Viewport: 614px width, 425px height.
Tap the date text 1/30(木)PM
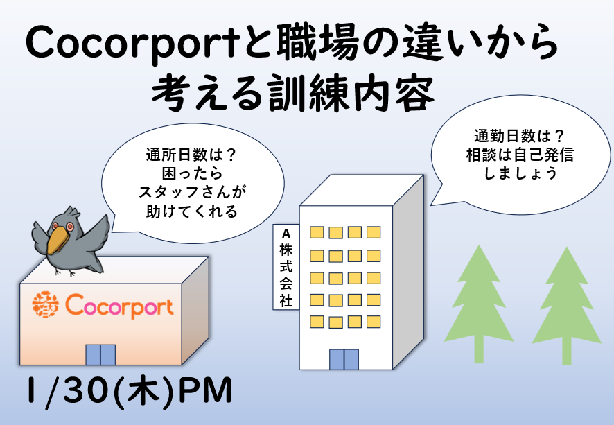(x=130, y=390)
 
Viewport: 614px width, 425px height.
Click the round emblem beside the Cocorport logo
(x=46, y=304)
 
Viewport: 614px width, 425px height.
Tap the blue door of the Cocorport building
(x=100, y=355)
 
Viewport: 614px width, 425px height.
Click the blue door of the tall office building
(x=344, y=360)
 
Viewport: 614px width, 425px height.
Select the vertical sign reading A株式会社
(x=286, y=267)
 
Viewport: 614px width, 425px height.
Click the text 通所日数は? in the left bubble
(x=191, y=155)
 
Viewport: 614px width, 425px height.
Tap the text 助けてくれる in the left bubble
(x=192, y=211)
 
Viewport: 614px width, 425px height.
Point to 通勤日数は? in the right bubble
(x=519, y=136)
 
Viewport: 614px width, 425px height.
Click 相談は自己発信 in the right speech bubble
(x=520, y=155)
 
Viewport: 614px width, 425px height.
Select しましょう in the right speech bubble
(x=520, y=173)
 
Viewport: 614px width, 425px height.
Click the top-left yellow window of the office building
(x=317, y=232)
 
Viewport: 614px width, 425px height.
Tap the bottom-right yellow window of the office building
(x=374, y=322)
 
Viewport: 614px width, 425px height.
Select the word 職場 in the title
(x=317, y=44)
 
